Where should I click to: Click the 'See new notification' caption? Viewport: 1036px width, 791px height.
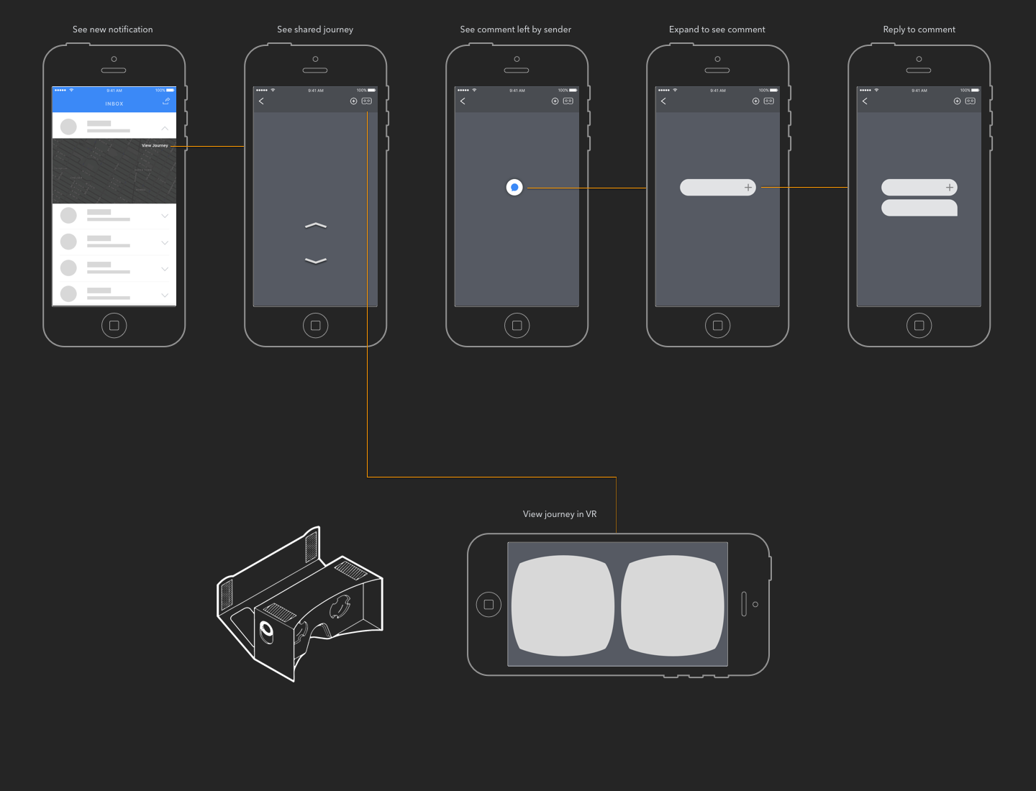point(112,29)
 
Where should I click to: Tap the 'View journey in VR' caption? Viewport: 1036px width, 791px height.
point(559,514)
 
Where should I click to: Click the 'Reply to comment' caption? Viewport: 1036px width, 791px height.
point(919,29)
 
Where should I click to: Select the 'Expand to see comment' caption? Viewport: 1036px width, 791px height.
point(717,29)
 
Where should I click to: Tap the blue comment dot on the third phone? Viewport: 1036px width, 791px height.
point(514,188)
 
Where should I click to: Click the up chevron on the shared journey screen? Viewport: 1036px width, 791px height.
point(316,226)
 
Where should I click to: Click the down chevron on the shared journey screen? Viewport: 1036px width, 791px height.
point(316,260)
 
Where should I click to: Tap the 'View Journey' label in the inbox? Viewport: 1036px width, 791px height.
point(155,145)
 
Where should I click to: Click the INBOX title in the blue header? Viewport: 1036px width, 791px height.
point(114,104)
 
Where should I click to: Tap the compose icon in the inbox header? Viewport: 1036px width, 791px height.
point(166,101)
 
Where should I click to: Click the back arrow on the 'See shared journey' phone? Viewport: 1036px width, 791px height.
point(261,101)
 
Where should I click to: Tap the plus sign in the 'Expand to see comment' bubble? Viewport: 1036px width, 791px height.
point(748,188)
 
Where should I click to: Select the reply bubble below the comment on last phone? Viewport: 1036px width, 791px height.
point(919,209)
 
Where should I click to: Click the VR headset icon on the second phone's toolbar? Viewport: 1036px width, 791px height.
point(367,101)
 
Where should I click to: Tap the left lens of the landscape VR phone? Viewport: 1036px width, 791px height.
point(563,605)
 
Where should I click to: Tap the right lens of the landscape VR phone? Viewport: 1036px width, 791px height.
point(673,605)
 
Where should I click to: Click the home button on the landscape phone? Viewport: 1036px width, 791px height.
point(489,605)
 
